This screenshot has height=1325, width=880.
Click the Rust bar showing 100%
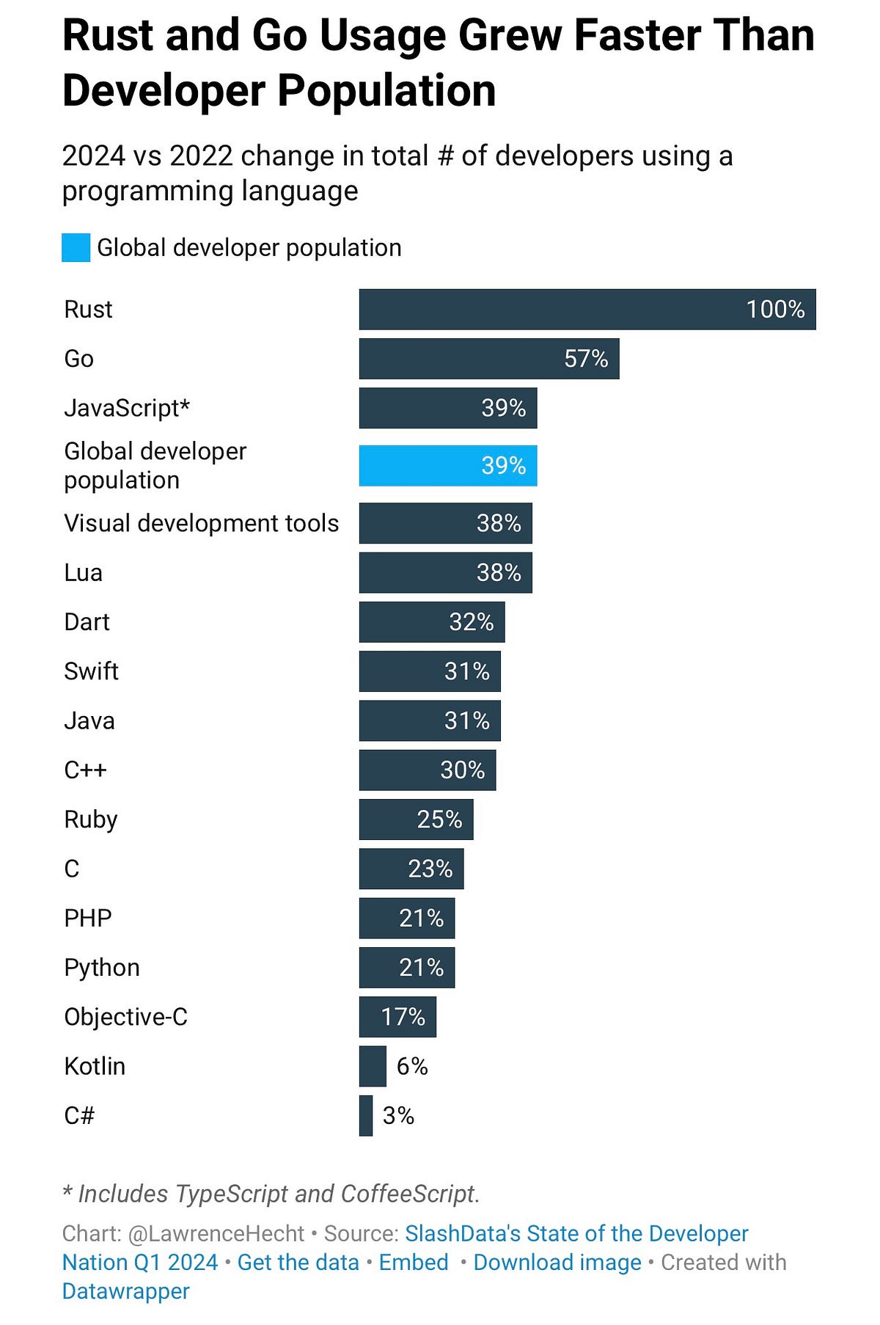(x=587, y=309)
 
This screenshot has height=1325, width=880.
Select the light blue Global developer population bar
(x=447, y=465)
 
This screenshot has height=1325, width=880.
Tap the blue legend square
(x=76, y=247)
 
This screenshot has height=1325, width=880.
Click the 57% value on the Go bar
(x=586, y=359)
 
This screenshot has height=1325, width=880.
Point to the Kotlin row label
(x=95, y=1066)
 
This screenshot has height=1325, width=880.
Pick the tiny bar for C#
(x=366, y=1115)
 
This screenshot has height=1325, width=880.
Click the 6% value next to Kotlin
(x=412, y=1066)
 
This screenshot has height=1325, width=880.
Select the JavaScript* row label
(x=127, y=408)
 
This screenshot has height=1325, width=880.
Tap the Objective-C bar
(x=397, y=1017)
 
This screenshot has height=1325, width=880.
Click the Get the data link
(x=298, y=1262)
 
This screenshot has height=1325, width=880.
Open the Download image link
(x=557, y=1262)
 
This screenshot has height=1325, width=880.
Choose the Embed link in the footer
(x=414, y=1262)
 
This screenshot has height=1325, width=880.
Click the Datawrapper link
(x=125, y=1291)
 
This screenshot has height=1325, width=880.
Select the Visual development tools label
(x=201, y=523)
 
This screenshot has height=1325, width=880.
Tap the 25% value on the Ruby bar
(x=439, y=820)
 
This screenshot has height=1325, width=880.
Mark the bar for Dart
(x=431, y=622)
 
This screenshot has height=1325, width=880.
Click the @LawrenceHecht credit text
(x=216, y=1233)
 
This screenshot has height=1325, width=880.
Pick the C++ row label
(x=85, y=770)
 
